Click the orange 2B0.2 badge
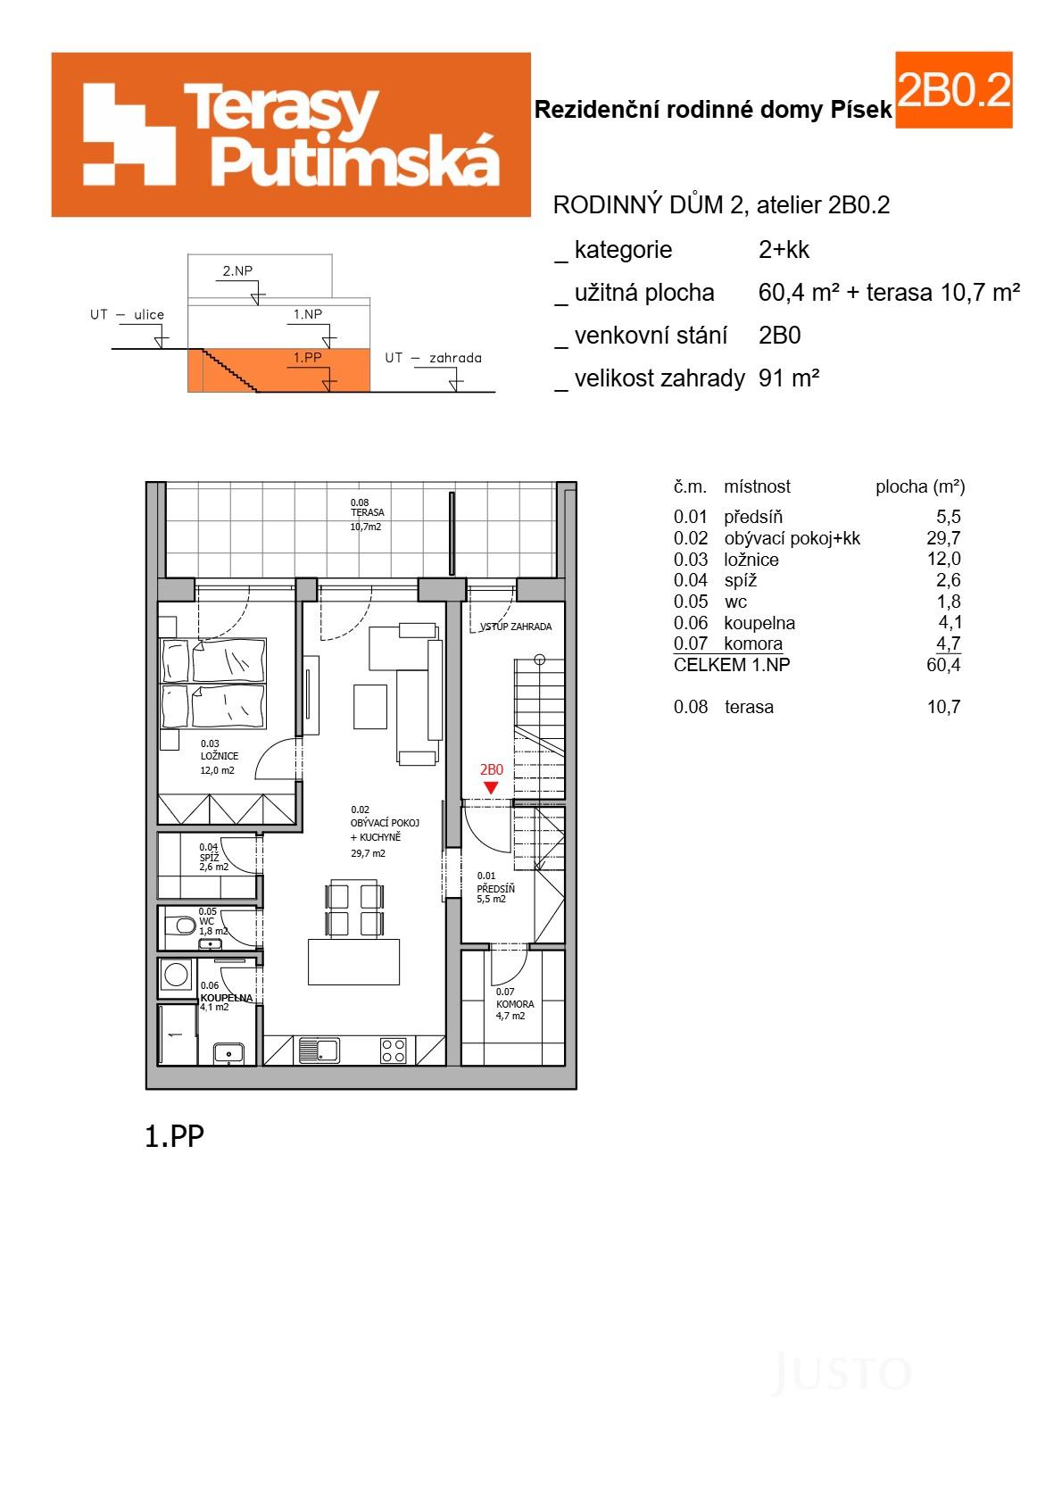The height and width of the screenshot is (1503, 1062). pyautogui.click(x=953, y=90)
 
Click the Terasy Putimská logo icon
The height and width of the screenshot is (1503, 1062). pyautogui.click(x=129, y=134)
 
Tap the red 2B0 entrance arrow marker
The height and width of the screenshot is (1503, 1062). pyautogui.click(x=491, y=786)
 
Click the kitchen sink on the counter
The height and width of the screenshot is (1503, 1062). pyautogui.click(x=319, y=1050)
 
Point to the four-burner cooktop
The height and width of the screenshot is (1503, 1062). pyautogui.click(x=394, y=1050)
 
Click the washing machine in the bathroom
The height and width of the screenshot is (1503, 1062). pyautogui.click(x=175, y=979)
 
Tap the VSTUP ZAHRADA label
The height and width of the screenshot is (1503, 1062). pyautogui.click(x=516, y=627)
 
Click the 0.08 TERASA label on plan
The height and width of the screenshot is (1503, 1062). pyautogui.click(x=366, y=513)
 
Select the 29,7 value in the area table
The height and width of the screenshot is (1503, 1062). pyautogui.click(x=943, y=537)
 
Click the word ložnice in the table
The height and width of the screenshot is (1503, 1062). pyautogui.click(x=751, y=560)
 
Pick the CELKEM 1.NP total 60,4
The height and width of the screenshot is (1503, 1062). pyautogui.click(x=943, y=665)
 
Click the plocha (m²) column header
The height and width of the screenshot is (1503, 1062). pyautogui.click(x=919, y=487)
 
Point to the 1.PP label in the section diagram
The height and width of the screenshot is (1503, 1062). pyautogui.click(x=307, y=358)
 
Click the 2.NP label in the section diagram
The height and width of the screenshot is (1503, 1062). pyautogui.click(x=237, y=270)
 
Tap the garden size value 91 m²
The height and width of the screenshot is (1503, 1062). pyautogui.click(x=788, y=378)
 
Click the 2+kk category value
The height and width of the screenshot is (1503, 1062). pyautogui.click(x=783, y=250)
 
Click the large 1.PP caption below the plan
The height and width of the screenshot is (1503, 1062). pyautogui.click(x=174, y=1135)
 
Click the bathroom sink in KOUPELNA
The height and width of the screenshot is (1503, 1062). pyautogui.click(x=229, y=1054)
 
